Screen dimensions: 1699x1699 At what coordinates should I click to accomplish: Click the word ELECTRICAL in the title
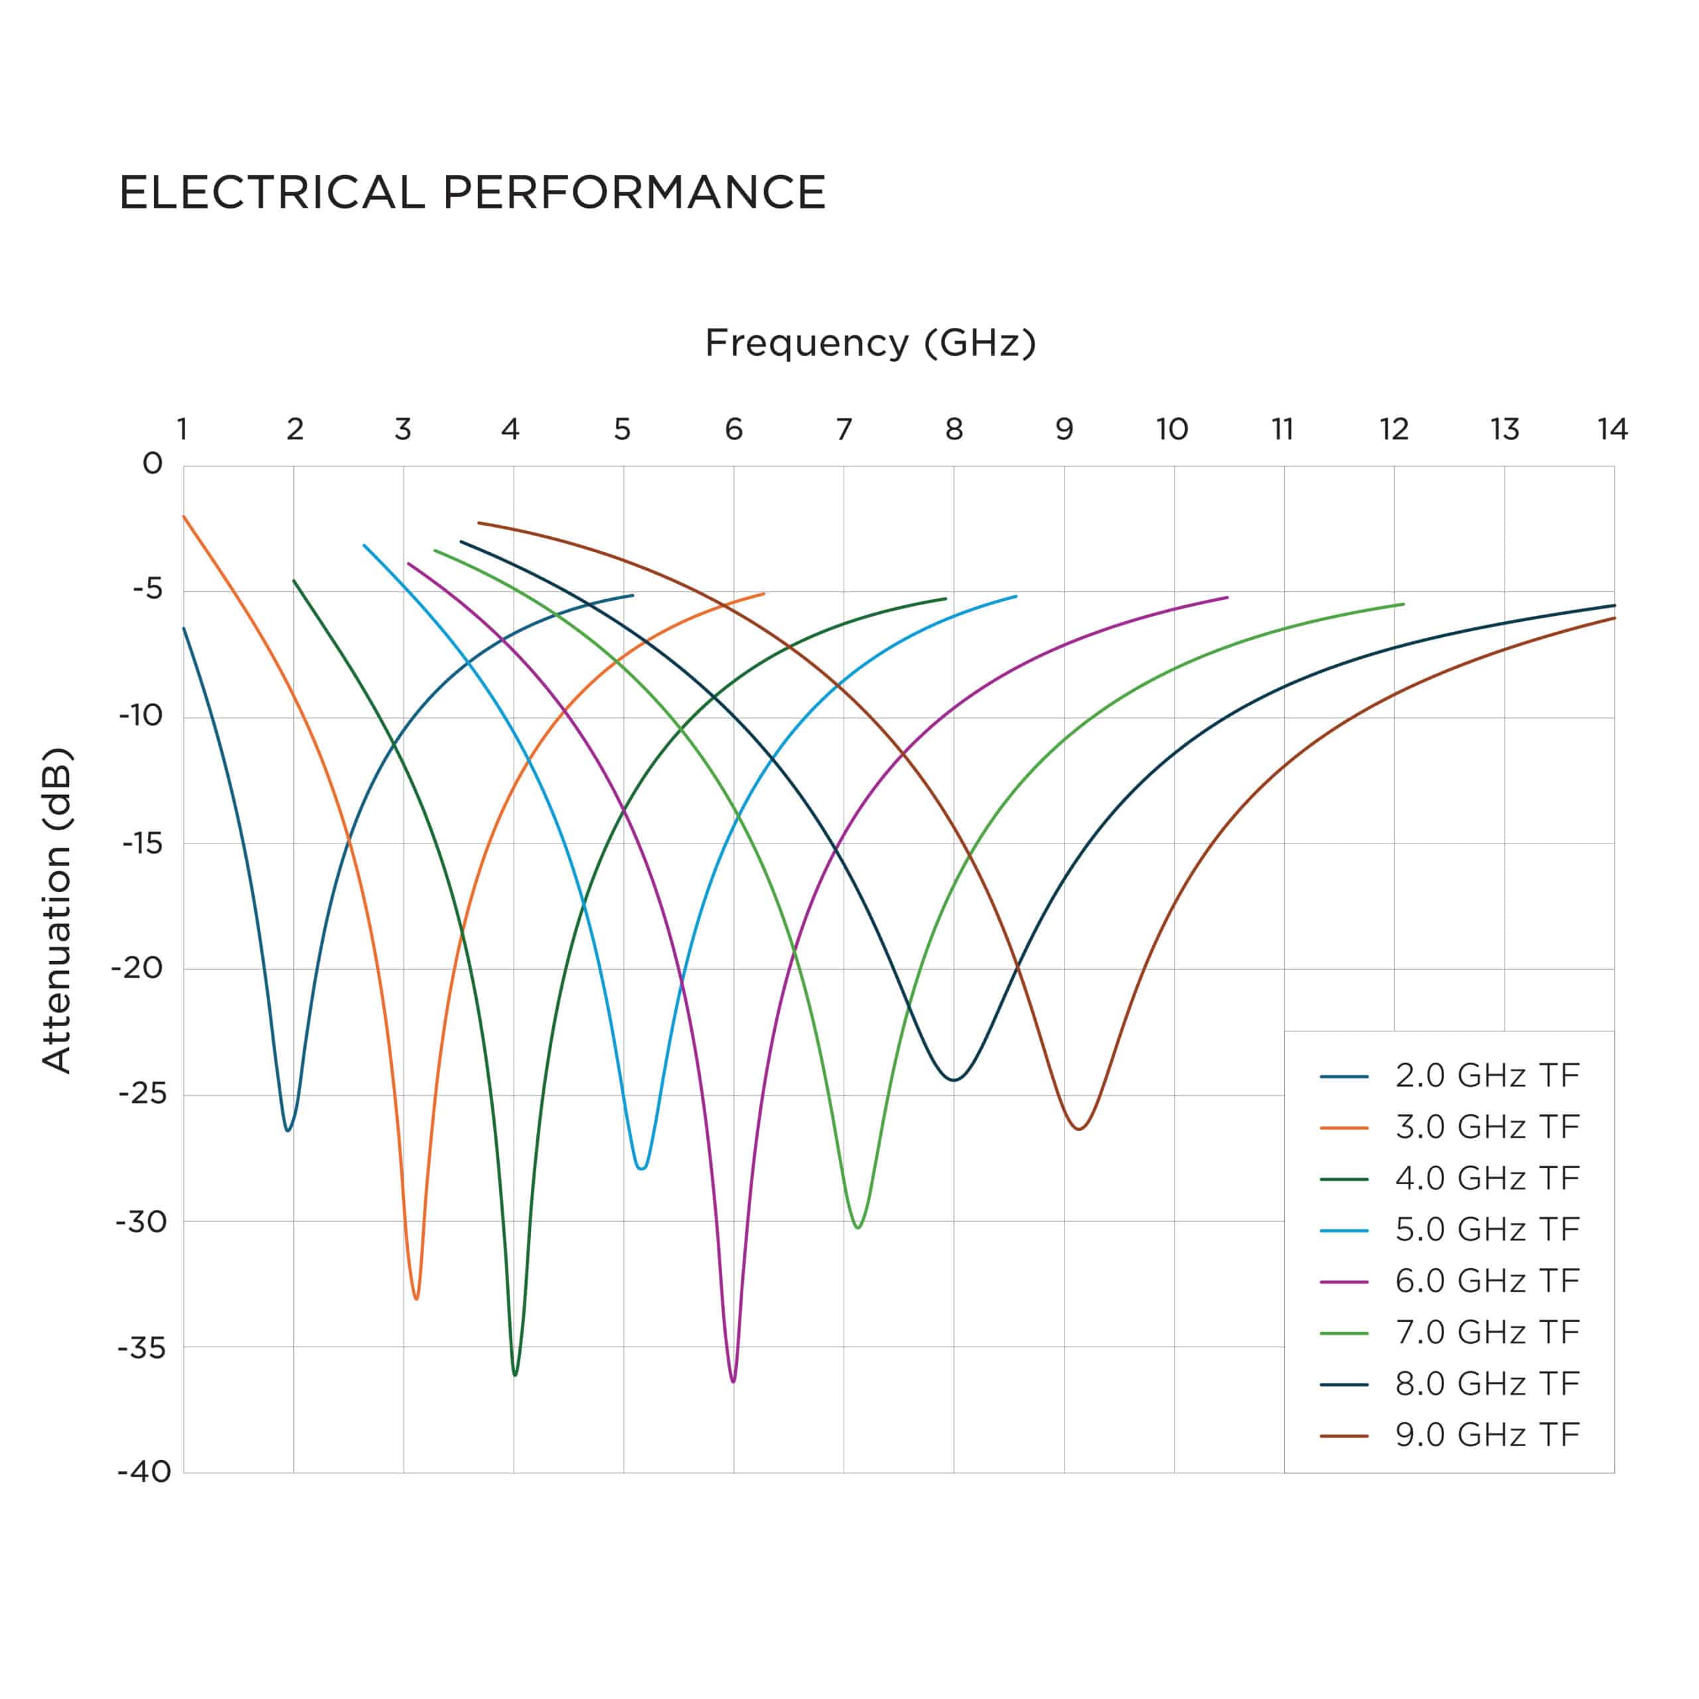271,192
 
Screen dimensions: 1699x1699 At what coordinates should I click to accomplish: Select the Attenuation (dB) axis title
56,909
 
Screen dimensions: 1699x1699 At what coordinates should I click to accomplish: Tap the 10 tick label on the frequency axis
1171,429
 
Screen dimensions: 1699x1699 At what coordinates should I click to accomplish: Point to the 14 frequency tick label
1612,429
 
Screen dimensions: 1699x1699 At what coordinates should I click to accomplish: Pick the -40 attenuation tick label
144,1472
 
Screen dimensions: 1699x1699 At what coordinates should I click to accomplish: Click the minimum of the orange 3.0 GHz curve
416,1299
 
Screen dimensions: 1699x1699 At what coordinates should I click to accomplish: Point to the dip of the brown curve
1079,1129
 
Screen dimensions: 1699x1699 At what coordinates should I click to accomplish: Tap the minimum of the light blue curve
642,1169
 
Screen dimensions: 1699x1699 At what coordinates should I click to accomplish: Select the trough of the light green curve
858,1228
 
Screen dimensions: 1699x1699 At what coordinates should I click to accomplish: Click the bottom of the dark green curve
514,1374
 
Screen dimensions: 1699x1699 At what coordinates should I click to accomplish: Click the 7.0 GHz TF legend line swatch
1344,1333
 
